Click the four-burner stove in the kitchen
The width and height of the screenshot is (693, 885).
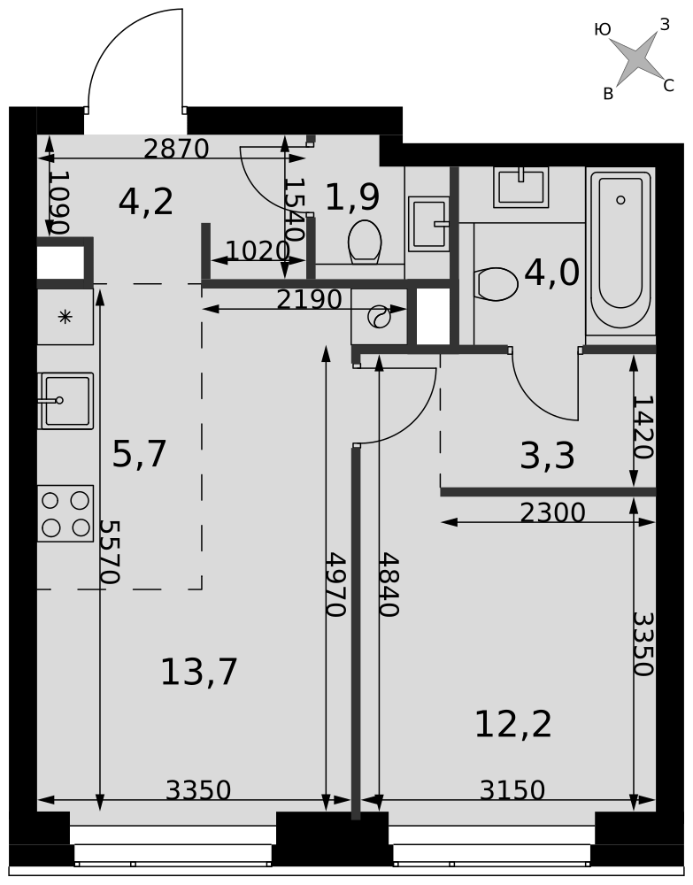tap(65, 513)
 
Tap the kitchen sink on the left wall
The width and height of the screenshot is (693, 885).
tap(65, 401)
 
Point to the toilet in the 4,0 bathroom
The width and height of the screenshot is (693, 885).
tap(497, 284)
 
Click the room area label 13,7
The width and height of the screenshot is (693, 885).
tap(198, 672)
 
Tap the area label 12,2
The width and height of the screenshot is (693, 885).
tap(513, 724)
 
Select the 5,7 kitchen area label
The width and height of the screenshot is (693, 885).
tap(139, 454)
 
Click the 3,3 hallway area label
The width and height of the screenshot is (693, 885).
tap(547, 456)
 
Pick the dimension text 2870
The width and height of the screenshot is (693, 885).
tap(176, 149)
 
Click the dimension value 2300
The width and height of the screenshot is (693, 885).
tap(552, 512)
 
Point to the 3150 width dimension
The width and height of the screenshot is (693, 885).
tap(512, 790)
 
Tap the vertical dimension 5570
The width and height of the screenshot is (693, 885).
tap(109, 551)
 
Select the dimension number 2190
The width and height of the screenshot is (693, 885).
tap(309, 300)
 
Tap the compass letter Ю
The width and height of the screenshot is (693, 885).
tap(603, 29)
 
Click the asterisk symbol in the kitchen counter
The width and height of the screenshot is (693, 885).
tap(65, 317)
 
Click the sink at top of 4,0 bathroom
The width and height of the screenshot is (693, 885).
tap(521, 187)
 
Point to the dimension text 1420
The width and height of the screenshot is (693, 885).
tap(643, 427)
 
